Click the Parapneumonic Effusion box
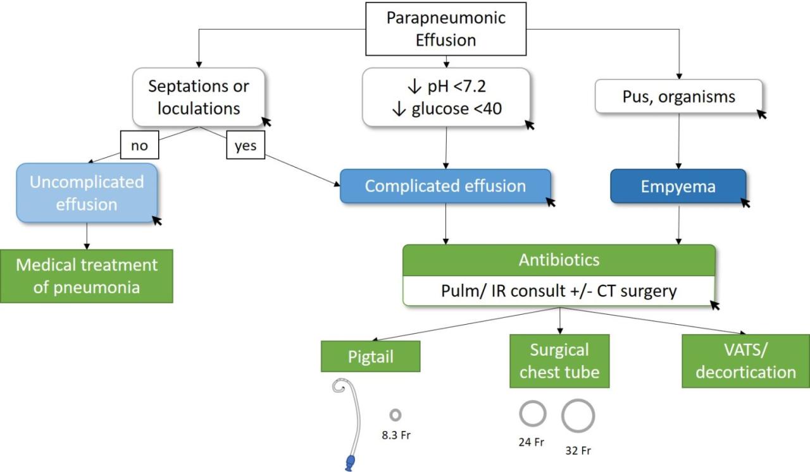pos(446,28)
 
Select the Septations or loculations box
pos(199,97)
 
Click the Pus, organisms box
pos(678,97)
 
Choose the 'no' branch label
pos(139,146)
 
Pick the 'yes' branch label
pos(246,146)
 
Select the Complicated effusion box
pos(445,186)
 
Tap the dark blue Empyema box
pos(678,186)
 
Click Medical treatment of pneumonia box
pos(86,275)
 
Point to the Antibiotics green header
pos(559,260)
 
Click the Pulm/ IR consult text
pos(559,291)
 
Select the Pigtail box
pos(371,357)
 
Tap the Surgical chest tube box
pos(559,360)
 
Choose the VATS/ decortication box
pos(745,361)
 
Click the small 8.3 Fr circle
pos(396,415)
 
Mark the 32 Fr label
pos(578,451)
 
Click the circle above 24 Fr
pos(532,414)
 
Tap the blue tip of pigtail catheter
pos(349,462)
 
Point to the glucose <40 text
pos(446,109)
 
